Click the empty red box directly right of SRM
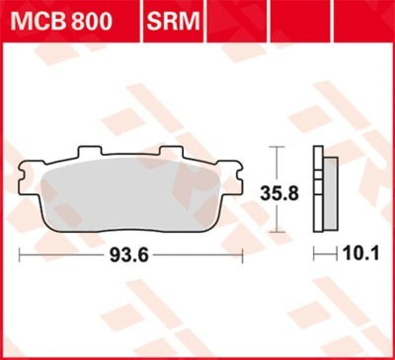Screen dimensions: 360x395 click(x=237, y=21)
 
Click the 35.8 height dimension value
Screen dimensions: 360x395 click(x=279, y=193)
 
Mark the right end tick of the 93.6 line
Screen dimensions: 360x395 click(x=243, y=256)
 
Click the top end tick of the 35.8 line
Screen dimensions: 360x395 click(x=279, y=147)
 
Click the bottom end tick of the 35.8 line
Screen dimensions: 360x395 click(x=279, y=232)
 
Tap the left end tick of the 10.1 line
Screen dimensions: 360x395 click(x=315, y=254)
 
